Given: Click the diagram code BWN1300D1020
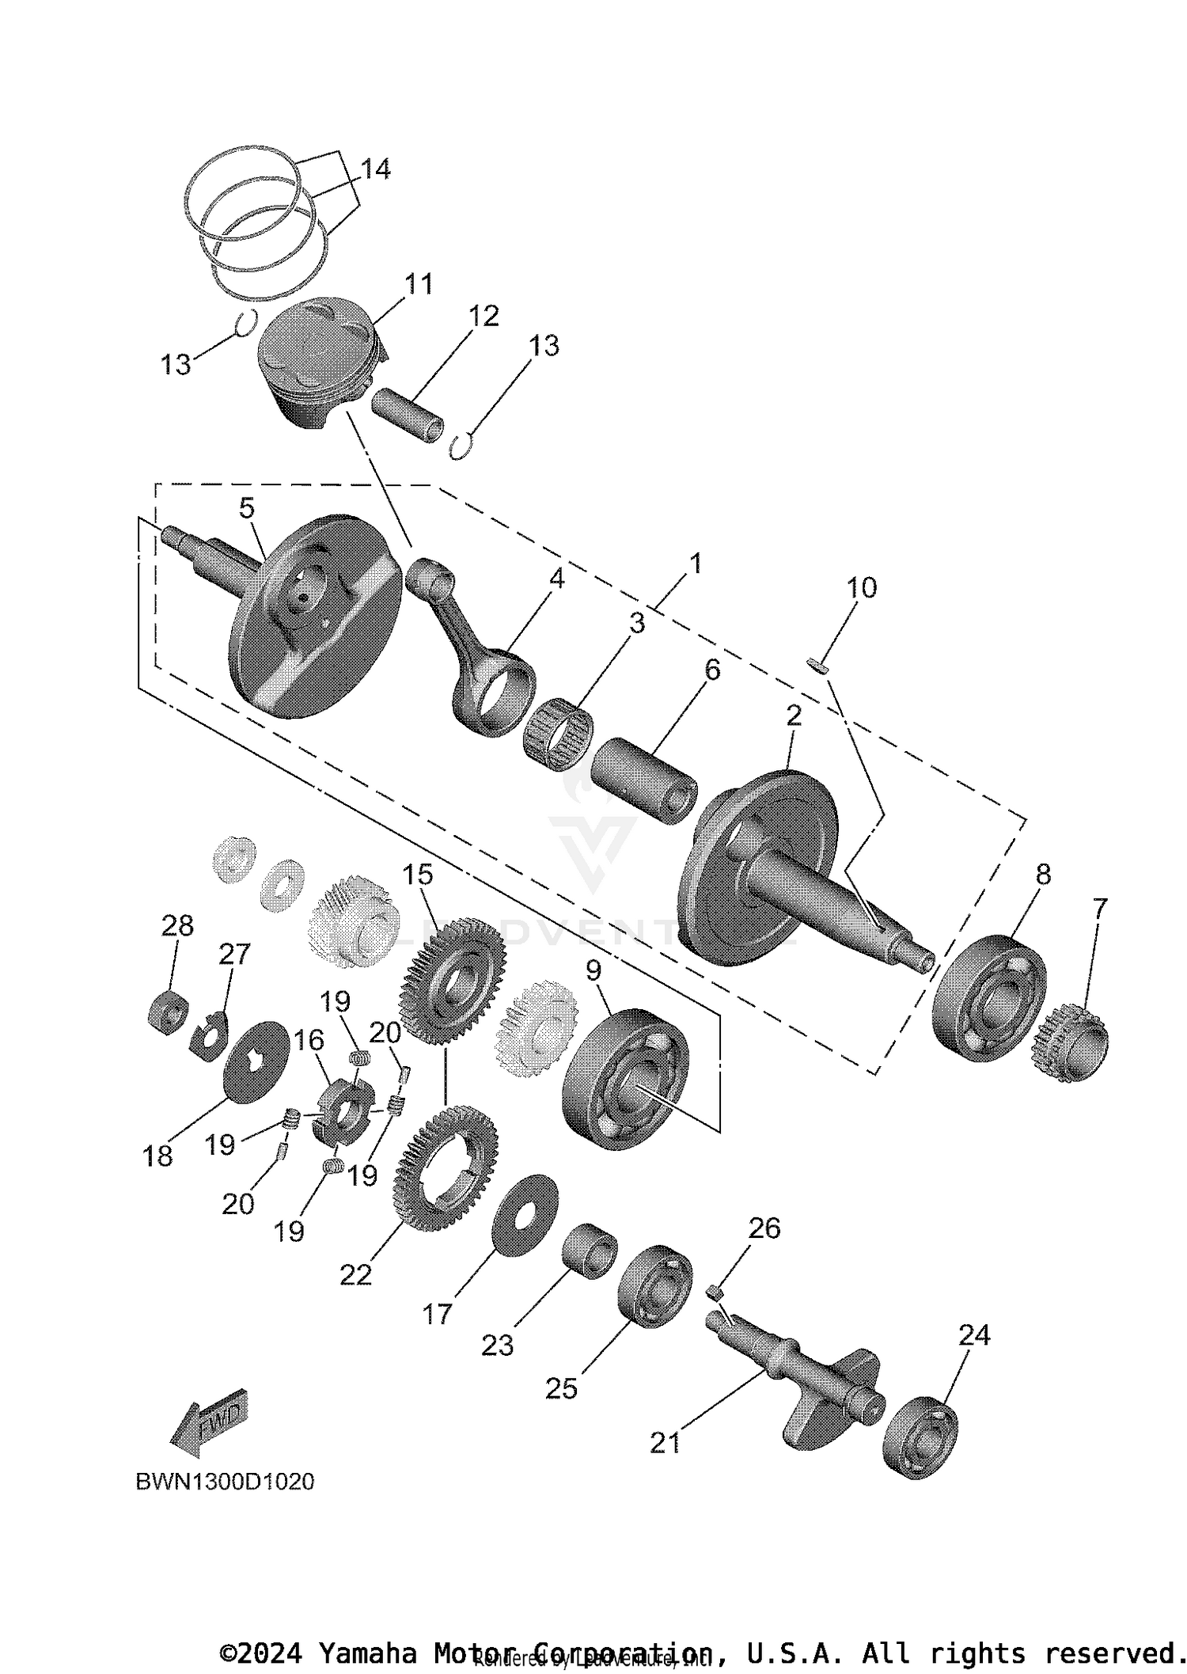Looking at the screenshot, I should [225, 1481].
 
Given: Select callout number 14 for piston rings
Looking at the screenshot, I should [375, 169].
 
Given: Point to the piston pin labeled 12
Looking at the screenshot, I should [408, 414].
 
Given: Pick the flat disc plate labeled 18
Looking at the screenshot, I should [256, 1061].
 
